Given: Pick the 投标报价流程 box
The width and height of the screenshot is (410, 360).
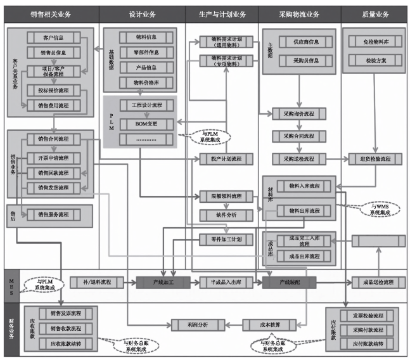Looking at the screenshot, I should click(56, 91).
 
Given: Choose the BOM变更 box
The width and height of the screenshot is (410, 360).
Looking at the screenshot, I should click(146, 122).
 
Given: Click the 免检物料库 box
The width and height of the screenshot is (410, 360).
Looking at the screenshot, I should click(371, 42).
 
